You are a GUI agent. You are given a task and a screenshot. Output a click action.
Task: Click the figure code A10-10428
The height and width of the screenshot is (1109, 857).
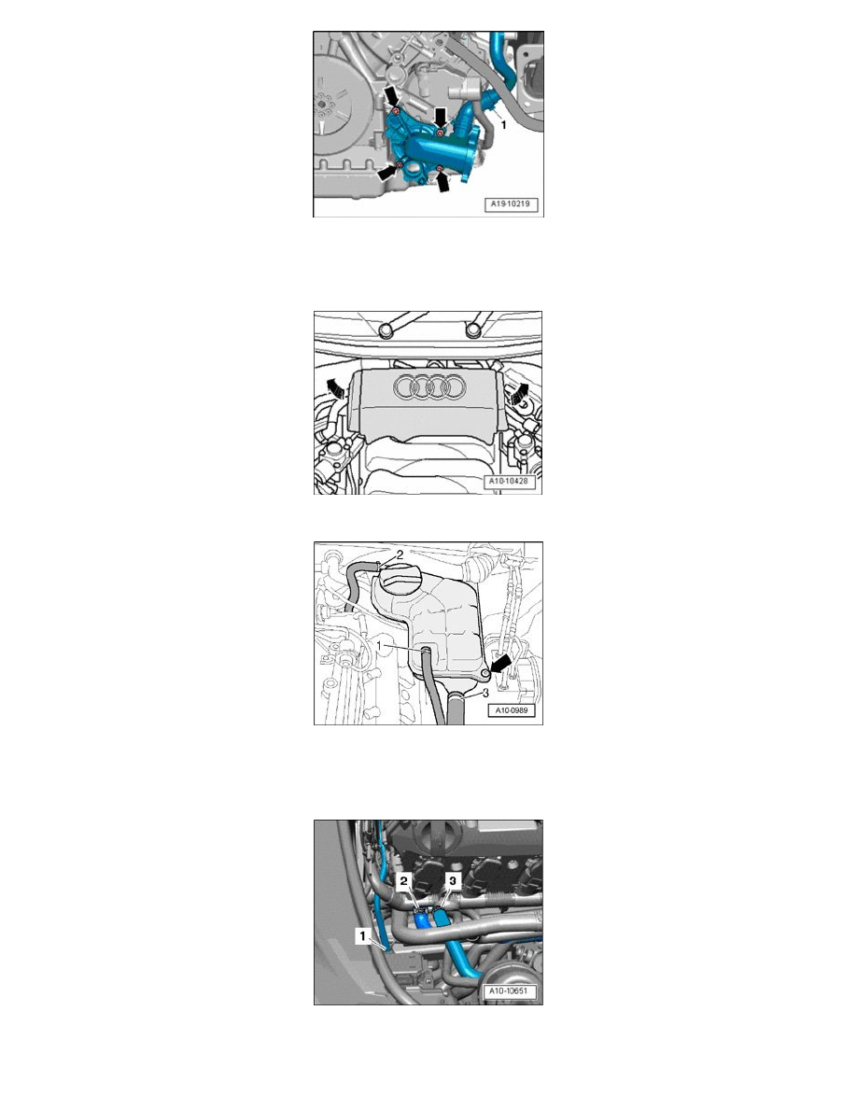click(x=512, y=481)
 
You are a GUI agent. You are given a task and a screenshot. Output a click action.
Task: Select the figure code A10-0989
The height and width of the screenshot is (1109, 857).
click(x=512, y=710)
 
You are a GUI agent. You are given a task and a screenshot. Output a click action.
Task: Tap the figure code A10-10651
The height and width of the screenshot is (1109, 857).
click(x=509, y=990)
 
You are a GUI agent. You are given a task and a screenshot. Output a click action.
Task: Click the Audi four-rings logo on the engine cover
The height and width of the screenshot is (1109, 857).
click(x=430, y=386)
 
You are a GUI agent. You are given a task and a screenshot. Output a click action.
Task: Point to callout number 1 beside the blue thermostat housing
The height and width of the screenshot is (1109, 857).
click(x=503, y=124)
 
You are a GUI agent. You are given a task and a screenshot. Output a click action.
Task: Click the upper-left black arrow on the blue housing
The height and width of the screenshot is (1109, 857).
click(x=391, y=98)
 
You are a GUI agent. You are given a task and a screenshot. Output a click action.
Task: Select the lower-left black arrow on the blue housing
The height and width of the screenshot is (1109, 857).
click(x=387, y=172)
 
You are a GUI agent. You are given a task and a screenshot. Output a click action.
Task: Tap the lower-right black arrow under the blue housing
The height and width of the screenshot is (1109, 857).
click(x=443, y=183)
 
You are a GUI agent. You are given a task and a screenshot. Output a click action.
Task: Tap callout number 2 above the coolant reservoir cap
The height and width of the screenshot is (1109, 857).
click(x=400, y=554)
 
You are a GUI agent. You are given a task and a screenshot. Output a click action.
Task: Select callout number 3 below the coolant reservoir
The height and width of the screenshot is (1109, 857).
click(x=485, y=693)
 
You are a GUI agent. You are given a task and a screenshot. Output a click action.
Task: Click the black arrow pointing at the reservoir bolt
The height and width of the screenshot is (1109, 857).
click(x=500, y=664)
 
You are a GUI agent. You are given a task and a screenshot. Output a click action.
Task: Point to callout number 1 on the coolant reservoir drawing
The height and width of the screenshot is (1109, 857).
click(x=379, y=646)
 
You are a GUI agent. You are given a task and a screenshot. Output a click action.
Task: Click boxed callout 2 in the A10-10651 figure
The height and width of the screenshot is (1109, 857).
click(x=403, y=880)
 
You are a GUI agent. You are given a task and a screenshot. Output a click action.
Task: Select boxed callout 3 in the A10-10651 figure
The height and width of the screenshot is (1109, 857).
click(x=452, y=880)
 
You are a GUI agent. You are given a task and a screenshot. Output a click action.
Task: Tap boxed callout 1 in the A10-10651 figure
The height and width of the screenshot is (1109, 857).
click(x=363, y=936)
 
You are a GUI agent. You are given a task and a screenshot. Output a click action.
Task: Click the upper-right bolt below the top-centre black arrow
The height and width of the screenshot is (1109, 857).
click(x=440, y=133)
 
